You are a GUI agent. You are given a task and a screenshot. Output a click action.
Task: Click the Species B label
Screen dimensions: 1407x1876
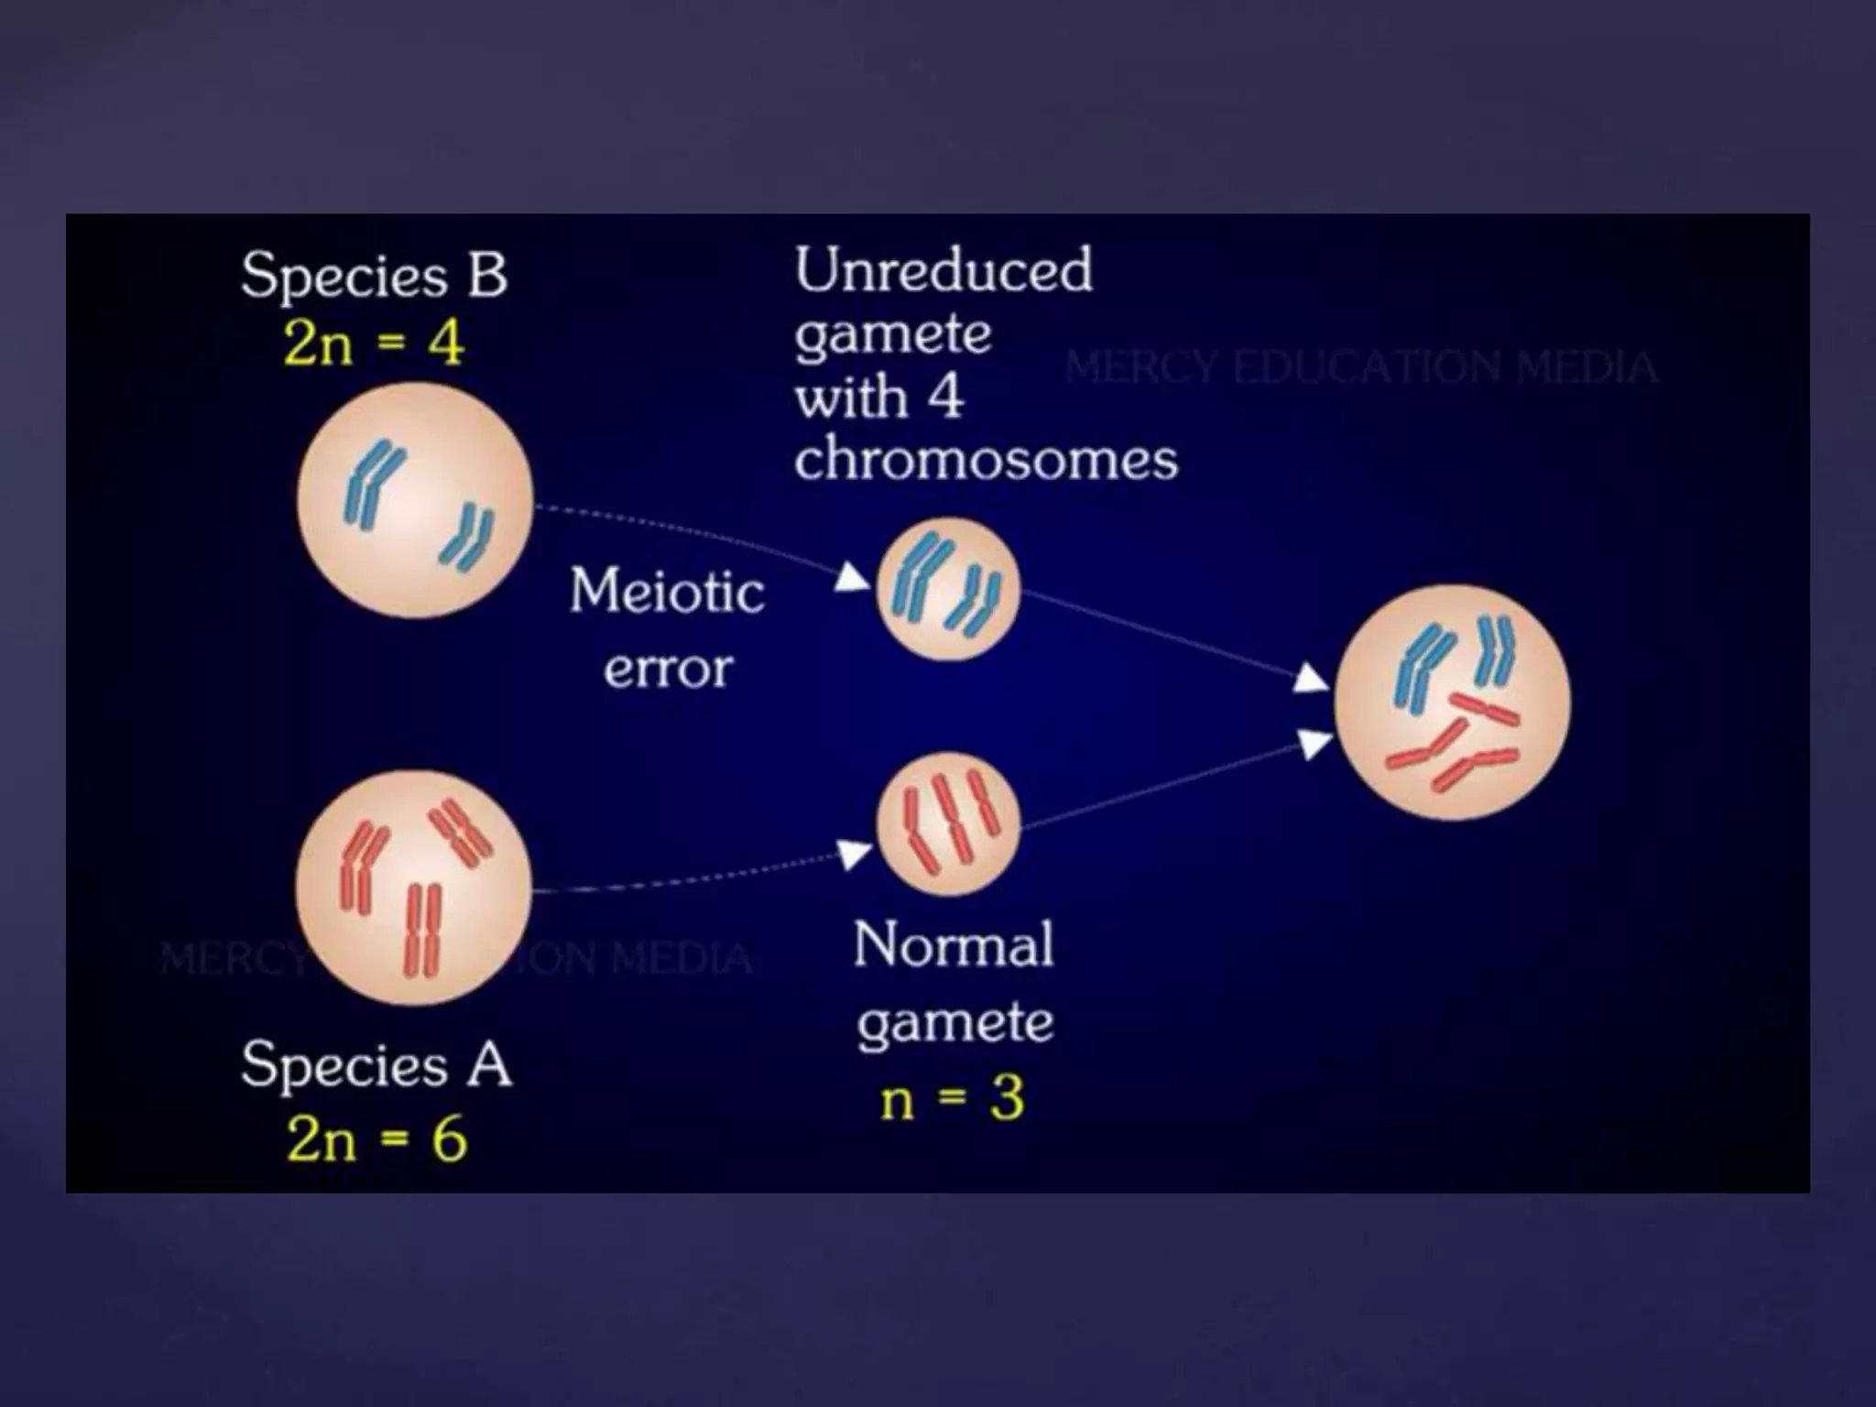[374, 275]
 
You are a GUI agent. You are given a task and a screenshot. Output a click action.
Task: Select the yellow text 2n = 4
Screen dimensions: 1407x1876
[374, 344]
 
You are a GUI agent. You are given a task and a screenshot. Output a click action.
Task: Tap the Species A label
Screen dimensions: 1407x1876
[376, 1064]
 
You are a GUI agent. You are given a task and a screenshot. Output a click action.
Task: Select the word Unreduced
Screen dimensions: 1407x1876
[943, 271]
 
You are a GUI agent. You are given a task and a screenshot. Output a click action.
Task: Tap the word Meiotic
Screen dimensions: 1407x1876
[667, 590]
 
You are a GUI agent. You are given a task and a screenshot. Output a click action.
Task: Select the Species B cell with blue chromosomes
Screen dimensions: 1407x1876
[415, 500]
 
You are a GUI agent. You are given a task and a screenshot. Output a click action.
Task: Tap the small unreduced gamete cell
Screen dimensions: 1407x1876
[948, 588]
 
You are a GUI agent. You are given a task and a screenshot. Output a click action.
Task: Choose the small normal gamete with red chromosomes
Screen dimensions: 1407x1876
[948, 823]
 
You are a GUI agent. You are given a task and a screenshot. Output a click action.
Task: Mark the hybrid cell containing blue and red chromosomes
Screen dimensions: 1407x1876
[1452, 702]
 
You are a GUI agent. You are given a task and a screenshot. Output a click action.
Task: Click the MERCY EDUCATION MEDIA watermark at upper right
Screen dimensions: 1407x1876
[1360, 368]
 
